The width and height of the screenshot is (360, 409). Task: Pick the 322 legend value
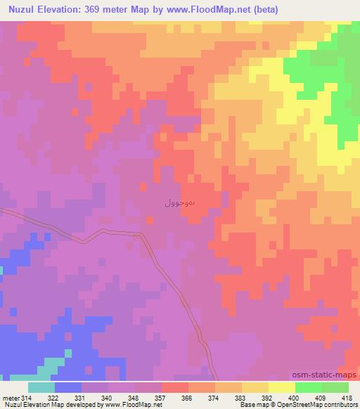(x=53, y=397)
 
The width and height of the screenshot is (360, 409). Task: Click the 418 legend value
(x=347, y=397)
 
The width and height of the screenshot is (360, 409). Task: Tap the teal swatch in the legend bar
(x=41, y=387)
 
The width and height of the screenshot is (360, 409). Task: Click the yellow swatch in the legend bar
(x=281, y=387)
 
